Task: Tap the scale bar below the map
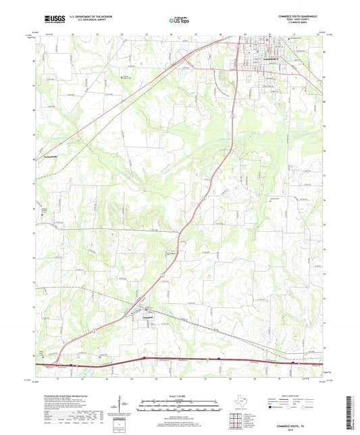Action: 180,407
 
